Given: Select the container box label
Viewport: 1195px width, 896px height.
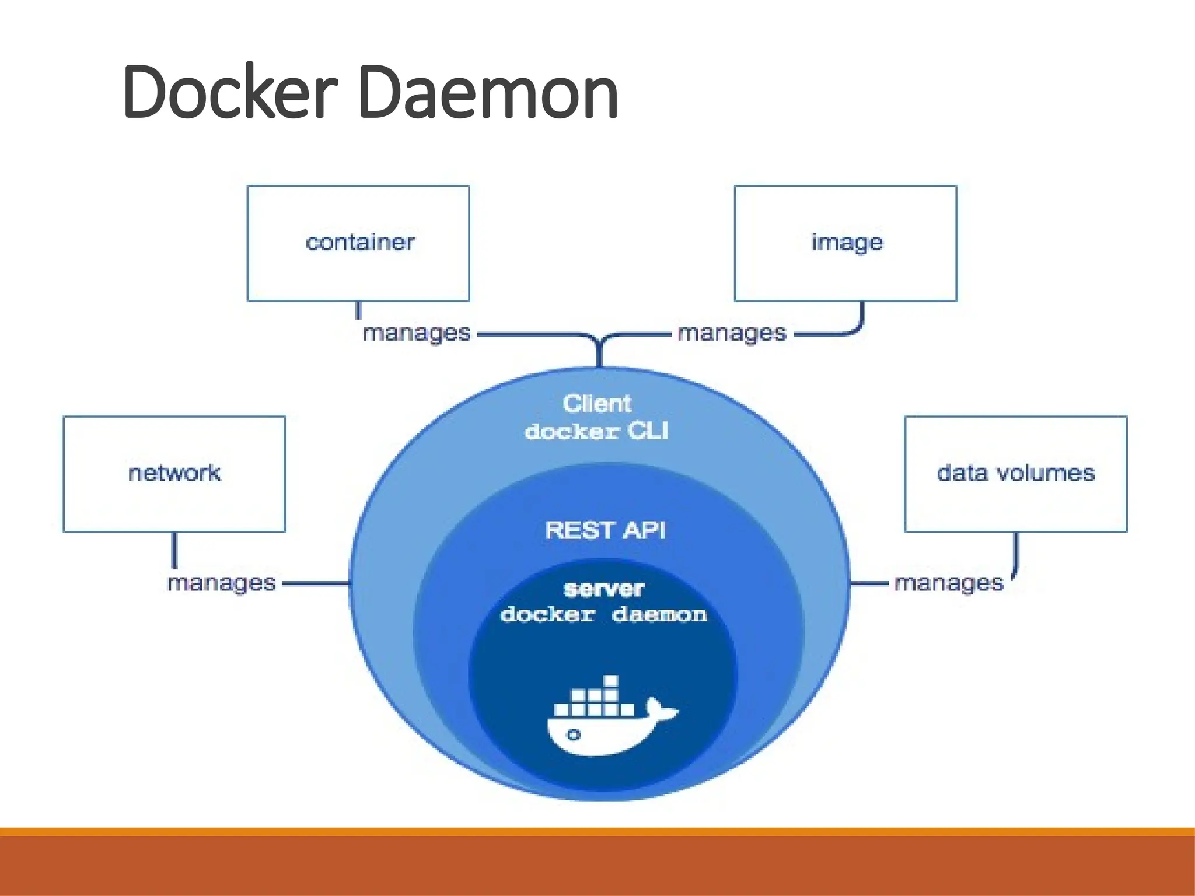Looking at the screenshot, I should pos(359,242).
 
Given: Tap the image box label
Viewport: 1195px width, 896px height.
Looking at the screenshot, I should pos(847,243).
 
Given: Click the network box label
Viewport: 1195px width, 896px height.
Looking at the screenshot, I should pos(174,473).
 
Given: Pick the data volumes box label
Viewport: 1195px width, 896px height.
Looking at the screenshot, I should pos(1015,473).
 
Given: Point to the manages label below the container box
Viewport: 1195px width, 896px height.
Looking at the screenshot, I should pos(416,334).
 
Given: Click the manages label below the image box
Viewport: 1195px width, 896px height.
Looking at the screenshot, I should pos(732,334).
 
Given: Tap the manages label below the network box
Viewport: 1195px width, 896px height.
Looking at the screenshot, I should pos(221,583).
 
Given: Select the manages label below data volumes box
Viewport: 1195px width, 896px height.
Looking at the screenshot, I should pos(948,583).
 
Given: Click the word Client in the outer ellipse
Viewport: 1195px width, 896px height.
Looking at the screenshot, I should pos(596,403).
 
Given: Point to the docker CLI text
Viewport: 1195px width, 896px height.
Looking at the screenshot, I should pos(596,431).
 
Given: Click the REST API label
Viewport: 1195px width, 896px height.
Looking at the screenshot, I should pos(605,530).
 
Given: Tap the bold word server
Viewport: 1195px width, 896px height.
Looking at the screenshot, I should pos(604,589).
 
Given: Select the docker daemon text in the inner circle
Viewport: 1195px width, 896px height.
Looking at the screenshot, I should pos(603,615).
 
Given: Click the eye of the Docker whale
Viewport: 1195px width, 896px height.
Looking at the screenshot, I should pos(574,734).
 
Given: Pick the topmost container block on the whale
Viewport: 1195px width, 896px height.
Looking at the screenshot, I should pos(610,681).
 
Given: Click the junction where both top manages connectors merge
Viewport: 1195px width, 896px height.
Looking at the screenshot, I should pos(600,342).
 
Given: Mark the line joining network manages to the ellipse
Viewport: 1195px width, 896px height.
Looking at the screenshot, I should pos(316,583).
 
